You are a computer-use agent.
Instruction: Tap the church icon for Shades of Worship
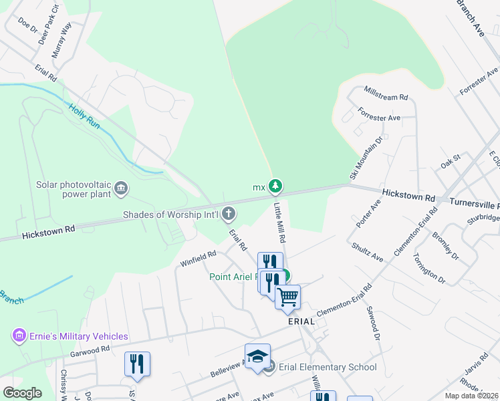(229, 215)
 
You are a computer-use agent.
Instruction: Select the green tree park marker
(275, 186)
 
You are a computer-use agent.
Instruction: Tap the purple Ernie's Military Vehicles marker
(19, 336)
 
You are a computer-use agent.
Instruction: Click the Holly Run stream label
(84, 116)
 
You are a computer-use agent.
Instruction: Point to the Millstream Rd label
(386, 94)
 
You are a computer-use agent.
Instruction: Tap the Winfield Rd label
(199, 259)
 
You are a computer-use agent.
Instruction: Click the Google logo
(22, 393)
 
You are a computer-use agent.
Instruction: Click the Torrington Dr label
(427, 267)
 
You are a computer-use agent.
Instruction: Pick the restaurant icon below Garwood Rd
(137, 364)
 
